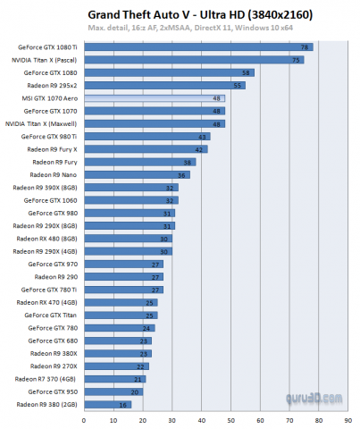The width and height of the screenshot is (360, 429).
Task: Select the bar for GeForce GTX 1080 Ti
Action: [197, 46]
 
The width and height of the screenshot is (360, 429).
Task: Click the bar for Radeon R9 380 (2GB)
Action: [107, 404]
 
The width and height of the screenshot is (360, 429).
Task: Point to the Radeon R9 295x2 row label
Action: [51, 85]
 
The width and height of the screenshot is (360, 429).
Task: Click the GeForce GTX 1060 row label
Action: [53, 200]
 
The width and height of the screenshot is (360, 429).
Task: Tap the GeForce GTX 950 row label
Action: [53, 391]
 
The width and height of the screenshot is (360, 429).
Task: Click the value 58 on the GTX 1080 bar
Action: [246, 71]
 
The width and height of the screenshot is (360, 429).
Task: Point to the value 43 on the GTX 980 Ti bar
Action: [203, 136]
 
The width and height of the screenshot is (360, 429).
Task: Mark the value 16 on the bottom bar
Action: [122, 404]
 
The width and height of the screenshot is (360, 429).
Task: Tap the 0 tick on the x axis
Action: [83, 418]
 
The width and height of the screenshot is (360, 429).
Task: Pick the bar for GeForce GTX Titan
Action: [120, 315]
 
